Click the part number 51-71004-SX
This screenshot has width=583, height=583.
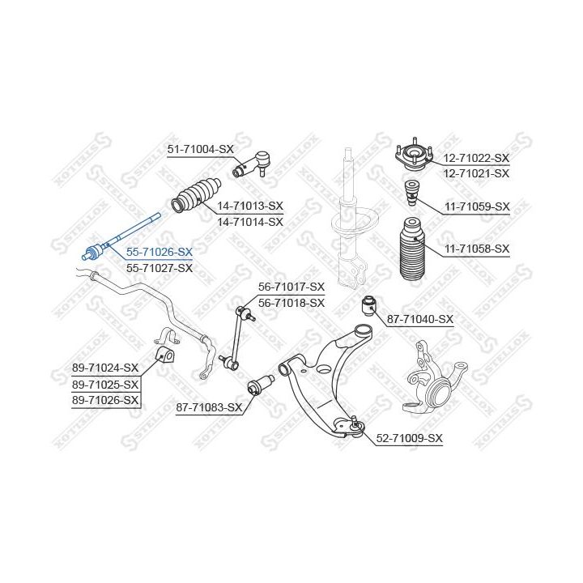pos(200,149)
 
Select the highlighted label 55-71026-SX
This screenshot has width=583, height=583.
pos(160,252)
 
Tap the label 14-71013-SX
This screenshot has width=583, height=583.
pos(250,206)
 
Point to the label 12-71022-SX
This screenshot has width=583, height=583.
pos(477,158)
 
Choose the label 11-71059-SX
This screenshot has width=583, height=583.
pos(477,206)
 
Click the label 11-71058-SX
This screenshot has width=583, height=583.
pos(477,249)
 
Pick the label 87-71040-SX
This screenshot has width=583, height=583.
pos(420,319)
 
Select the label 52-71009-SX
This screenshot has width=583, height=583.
pos(410,438)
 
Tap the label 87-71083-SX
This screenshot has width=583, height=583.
pos(209,407)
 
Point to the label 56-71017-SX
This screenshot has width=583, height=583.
pos(291,287)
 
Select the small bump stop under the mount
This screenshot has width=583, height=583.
pos(411,194)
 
